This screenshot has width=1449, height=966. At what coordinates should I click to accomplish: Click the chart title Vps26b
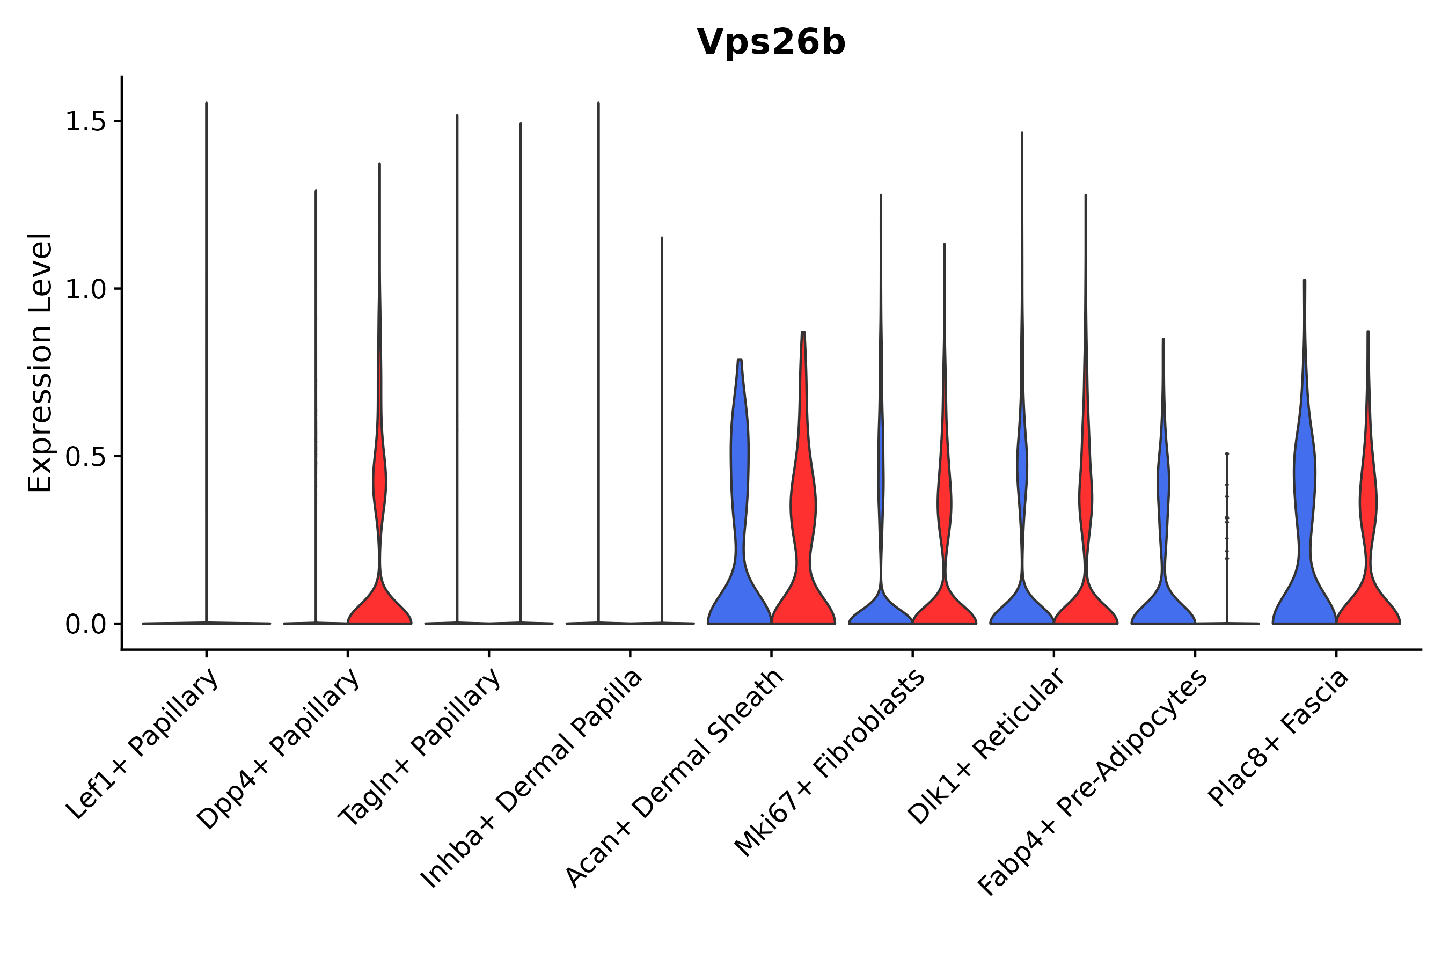point(771,42)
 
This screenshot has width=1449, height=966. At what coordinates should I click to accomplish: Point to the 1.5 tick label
point(85,122)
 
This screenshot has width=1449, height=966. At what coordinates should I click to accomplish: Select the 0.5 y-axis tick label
point(85,457)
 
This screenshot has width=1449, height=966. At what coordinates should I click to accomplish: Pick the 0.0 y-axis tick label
point(85,625)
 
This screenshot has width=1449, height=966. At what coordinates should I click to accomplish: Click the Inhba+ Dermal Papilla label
point(532,779)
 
